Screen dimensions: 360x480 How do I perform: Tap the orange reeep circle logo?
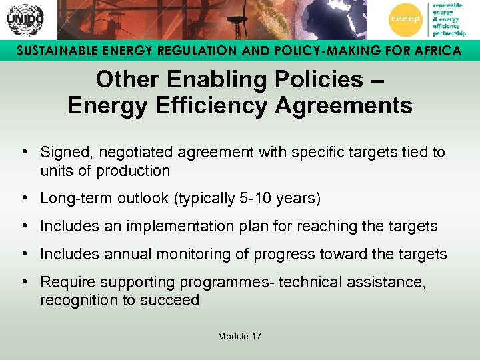pos(405,19)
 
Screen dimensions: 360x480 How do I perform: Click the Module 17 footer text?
pos(239,336)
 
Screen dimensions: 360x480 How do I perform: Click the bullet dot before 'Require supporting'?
pos(24,282)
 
